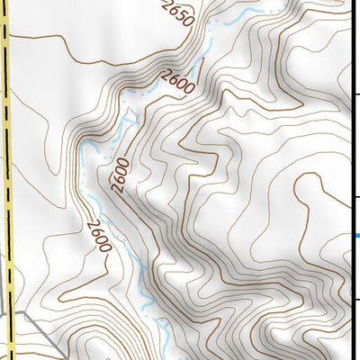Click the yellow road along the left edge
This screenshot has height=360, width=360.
(x=8, y=180)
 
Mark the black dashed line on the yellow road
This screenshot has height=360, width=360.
(x=10, y=135)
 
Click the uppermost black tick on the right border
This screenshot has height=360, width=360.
(x=355, y=93)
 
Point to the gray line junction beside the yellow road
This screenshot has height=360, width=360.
(x=16, y=311)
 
